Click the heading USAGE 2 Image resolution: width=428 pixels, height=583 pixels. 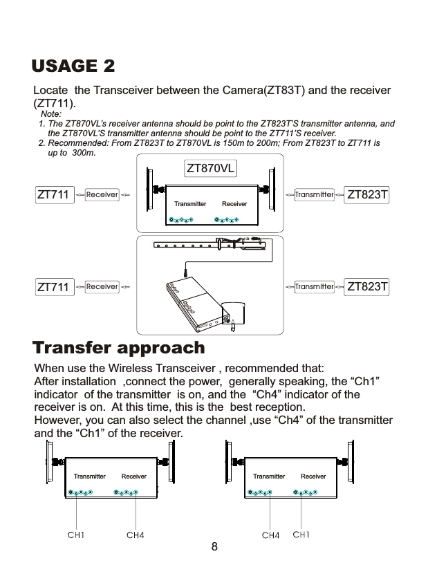click(73, 66)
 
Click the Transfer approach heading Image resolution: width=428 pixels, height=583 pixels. click(119, 346)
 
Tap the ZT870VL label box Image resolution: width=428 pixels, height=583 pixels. click(211, 168)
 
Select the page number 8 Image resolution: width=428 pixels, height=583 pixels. click(214, 547)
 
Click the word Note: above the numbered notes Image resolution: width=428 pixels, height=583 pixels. click(51, 113)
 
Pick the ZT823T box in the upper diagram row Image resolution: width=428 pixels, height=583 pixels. click(366, 195)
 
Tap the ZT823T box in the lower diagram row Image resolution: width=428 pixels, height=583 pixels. click(366, 286)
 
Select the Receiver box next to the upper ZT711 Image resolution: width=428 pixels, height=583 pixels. click(102, 195)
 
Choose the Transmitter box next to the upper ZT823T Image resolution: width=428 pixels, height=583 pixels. click(314, 195)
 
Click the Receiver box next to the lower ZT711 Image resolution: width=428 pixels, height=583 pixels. click(102, 286)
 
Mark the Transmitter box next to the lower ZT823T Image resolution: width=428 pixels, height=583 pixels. click(314, 286)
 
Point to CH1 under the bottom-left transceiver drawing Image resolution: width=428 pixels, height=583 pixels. click(75, 535)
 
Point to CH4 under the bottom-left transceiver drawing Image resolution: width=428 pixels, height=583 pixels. click(136, 535)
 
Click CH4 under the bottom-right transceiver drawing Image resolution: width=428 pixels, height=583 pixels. click(270, 535)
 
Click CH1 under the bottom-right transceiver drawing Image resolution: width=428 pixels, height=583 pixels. click(301, 535)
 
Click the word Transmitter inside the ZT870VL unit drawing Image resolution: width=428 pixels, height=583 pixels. click(190, 204)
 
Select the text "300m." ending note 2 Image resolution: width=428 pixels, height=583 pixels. click(83, 152)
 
